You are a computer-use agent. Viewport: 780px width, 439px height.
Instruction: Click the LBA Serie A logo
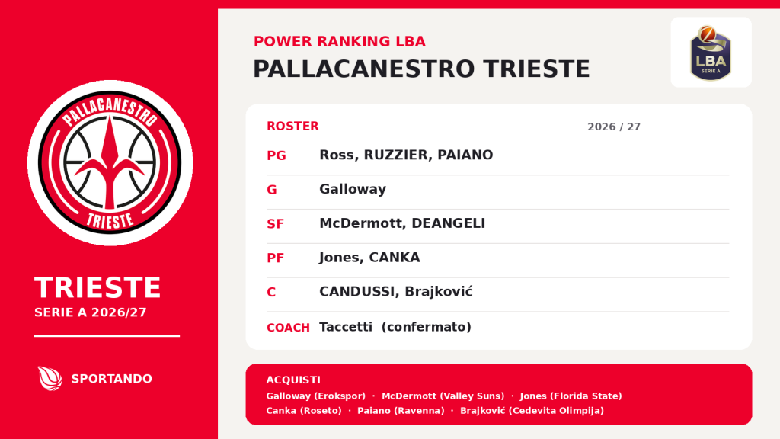(711, 53)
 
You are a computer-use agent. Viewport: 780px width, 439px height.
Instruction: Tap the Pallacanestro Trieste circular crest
(110, 163)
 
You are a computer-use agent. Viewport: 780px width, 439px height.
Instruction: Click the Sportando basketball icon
(50, 378)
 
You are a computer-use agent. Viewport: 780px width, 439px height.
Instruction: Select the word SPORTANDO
(111, 379)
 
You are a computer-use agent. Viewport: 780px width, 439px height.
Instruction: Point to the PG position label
(276, 155)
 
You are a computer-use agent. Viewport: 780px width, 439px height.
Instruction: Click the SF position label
(275, 224)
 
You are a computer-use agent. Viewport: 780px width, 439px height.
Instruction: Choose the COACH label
(288, 328)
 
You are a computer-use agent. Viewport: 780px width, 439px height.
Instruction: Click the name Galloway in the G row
(353, 189)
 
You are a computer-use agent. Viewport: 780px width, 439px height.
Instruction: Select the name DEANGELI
(448, 223)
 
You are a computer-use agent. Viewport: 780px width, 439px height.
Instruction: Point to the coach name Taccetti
(346, 327)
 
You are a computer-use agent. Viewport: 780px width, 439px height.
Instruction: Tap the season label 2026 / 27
(614, 127)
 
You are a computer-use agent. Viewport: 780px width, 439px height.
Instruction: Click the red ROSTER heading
(292, 127)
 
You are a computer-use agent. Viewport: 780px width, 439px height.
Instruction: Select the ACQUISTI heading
(293, 380)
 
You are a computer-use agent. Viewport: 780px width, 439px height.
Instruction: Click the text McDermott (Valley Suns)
(443, 396)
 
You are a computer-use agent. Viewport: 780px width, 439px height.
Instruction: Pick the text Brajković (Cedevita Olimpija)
(532, 411)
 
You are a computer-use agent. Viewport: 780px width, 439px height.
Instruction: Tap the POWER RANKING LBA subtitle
(340, 41)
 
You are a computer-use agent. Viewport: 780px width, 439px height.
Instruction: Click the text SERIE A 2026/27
(91, 312)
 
